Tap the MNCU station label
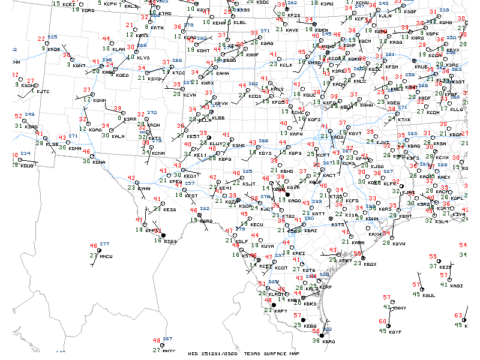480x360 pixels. [106, 257]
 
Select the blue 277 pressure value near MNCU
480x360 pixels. [104, 244]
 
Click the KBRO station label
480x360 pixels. [328, 341]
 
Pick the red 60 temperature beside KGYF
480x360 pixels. [383, 322]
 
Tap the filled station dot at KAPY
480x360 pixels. [274, 305]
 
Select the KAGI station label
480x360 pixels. [457, 286]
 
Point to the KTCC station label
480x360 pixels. [179, 73]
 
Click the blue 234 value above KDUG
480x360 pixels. [25, 154]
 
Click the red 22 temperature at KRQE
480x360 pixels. [40, 40]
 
